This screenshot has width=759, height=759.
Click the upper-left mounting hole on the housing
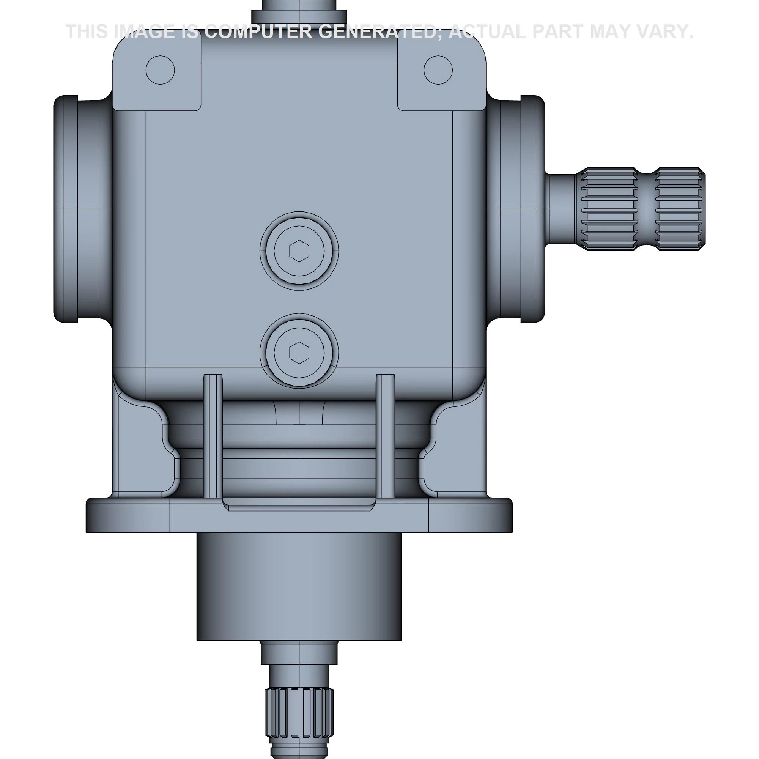pos(160,70)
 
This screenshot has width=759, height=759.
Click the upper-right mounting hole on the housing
pos(438,70)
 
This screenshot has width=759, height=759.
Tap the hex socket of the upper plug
pos(299,250)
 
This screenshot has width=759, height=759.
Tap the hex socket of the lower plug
pos(299,353)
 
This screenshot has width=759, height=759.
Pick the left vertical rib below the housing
pos(213,436)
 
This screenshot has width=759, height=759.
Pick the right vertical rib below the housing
pos(386,436)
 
